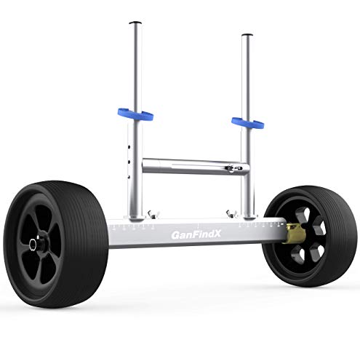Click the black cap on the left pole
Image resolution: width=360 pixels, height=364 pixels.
[x=133, y=23]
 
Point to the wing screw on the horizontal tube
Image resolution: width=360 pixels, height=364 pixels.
[x=231, y=168]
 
